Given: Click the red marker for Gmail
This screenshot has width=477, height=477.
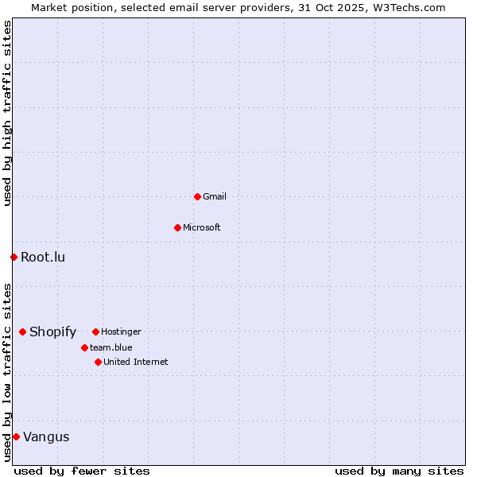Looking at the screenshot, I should tap(197, 196).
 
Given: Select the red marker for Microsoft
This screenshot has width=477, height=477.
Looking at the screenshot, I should tap(177, 227).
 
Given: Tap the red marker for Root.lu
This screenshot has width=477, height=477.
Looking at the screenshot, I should tap(14, 257).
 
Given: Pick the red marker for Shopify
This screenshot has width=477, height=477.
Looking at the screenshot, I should tap(22, 332).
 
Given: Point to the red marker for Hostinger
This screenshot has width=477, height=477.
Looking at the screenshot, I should tap(95, 332).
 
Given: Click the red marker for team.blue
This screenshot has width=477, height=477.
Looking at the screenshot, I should tap(84, 347).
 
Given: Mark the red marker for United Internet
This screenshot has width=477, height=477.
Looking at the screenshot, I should tap(98, 362).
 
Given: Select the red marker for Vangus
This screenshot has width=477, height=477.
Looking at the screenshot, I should tap(16, 436).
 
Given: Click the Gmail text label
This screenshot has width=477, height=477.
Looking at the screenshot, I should tap(215, 196).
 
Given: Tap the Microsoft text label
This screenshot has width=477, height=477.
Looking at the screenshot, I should tap(202, 227).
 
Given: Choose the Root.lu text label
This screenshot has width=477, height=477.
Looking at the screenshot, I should tap(43, 257).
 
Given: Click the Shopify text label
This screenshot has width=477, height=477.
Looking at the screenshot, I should tap(52, 332).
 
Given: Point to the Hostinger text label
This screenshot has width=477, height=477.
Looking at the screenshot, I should tap(121, 332).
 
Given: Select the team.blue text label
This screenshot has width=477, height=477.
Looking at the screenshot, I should tap(111, 347).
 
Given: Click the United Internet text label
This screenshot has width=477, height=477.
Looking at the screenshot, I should tap(136, 362).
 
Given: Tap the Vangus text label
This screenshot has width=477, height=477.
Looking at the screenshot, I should tap(46, 436).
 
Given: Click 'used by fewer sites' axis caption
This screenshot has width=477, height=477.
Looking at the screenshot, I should tap(82, 471).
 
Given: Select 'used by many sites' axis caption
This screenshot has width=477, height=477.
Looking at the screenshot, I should tap(399, 471).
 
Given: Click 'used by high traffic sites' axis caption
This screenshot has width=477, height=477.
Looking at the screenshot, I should tap(7, 113).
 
